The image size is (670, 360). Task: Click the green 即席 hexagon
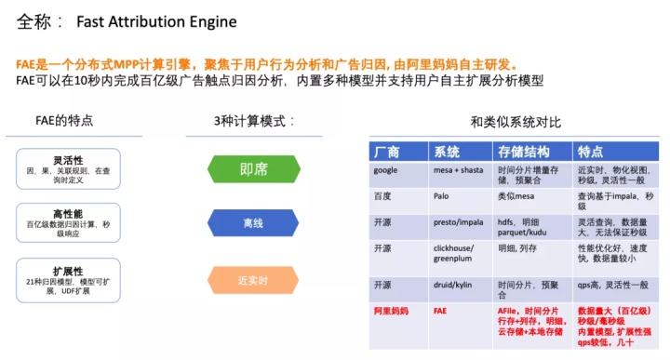click(x=253, y=169)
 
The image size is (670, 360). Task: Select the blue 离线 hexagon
click(x=253, y=223)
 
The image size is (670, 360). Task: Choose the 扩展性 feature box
click(x=68, y=280)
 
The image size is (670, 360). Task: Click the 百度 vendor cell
click(x=383, y=196)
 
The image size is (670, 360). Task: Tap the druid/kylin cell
click(x=455, y=284)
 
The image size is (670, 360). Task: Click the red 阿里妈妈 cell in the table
click(x=391, y=310)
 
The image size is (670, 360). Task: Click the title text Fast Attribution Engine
click(x=157, y=21)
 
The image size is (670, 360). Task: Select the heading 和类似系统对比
click(x=515, y=121)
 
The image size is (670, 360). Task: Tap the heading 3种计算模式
click(x=254, y=120)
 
